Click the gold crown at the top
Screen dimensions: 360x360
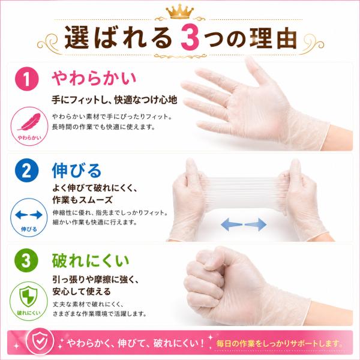[180, 11]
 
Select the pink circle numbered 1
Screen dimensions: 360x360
[26, 79]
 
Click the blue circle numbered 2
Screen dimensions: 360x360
[26, 170]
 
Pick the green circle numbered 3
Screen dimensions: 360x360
[26, 260]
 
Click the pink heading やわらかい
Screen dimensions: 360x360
[94, 78]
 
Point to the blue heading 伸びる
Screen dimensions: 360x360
[77, 170]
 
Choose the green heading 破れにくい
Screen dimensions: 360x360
[91, 260]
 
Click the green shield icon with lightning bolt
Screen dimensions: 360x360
[28, 296]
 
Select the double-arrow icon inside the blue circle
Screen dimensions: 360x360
[29, 215]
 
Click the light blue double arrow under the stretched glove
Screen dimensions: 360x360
[244, 224]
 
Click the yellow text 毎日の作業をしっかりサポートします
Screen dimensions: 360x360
[278, 343]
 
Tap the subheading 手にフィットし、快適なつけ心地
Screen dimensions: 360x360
[115, 100]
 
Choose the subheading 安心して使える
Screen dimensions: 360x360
[82, 292]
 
